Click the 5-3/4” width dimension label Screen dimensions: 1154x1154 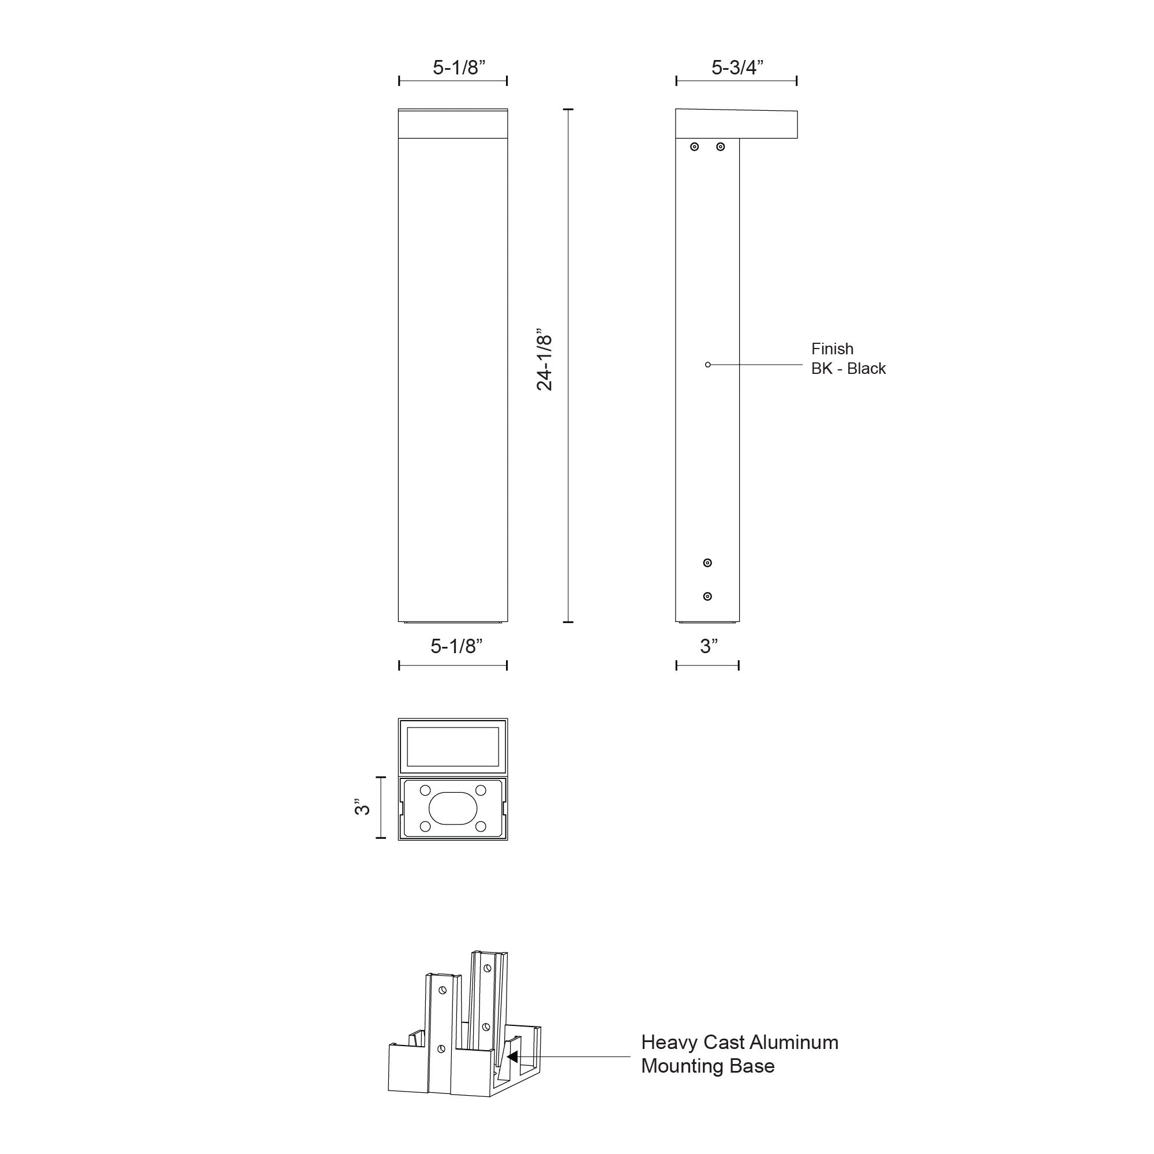pos(736,68)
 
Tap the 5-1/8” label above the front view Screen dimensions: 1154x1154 pos(459,68)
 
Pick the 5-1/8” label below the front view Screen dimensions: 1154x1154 pos(456,646)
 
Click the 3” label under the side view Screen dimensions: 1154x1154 pos(709,646)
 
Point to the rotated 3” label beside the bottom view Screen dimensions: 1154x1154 pos(362,807)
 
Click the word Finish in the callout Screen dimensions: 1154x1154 pos(832,349)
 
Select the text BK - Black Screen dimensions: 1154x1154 pos(848,369)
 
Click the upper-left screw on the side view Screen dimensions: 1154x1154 pos(694,147)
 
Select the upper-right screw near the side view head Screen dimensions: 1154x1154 pos(720,147)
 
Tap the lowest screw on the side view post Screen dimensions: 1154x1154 pos(708,596)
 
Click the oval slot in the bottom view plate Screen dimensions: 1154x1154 pos(454,808)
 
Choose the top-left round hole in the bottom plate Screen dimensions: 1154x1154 pos(425,790)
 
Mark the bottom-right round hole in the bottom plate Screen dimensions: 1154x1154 pos(480,827)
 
